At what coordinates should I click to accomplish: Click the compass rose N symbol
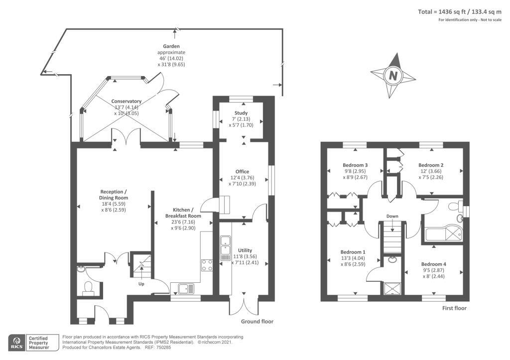click(393, 76)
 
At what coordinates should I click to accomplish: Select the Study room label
click(241, 113)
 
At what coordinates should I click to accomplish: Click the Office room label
click(242, 172)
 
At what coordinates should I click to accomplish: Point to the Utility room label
click(245, 250)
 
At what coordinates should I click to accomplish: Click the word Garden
click(171, 46)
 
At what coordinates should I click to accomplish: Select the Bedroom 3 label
click(355, 165)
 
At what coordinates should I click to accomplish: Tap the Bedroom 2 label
click(431, 165)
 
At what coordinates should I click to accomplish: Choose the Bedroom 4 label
click(433, 264)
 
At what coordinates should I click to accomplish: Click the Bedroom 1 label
click(353, 252)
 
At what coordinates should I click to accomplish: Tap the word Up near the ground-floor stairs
click(141, 284)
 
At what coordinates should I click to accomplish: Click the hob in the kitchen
click(207, 265)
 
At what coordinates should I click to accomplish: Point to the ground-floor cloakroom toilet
click(89, 288)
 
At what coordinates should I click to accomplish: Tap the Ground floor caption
click(257, 322)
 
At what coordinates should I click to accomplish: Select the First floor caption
click(454, 308)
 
